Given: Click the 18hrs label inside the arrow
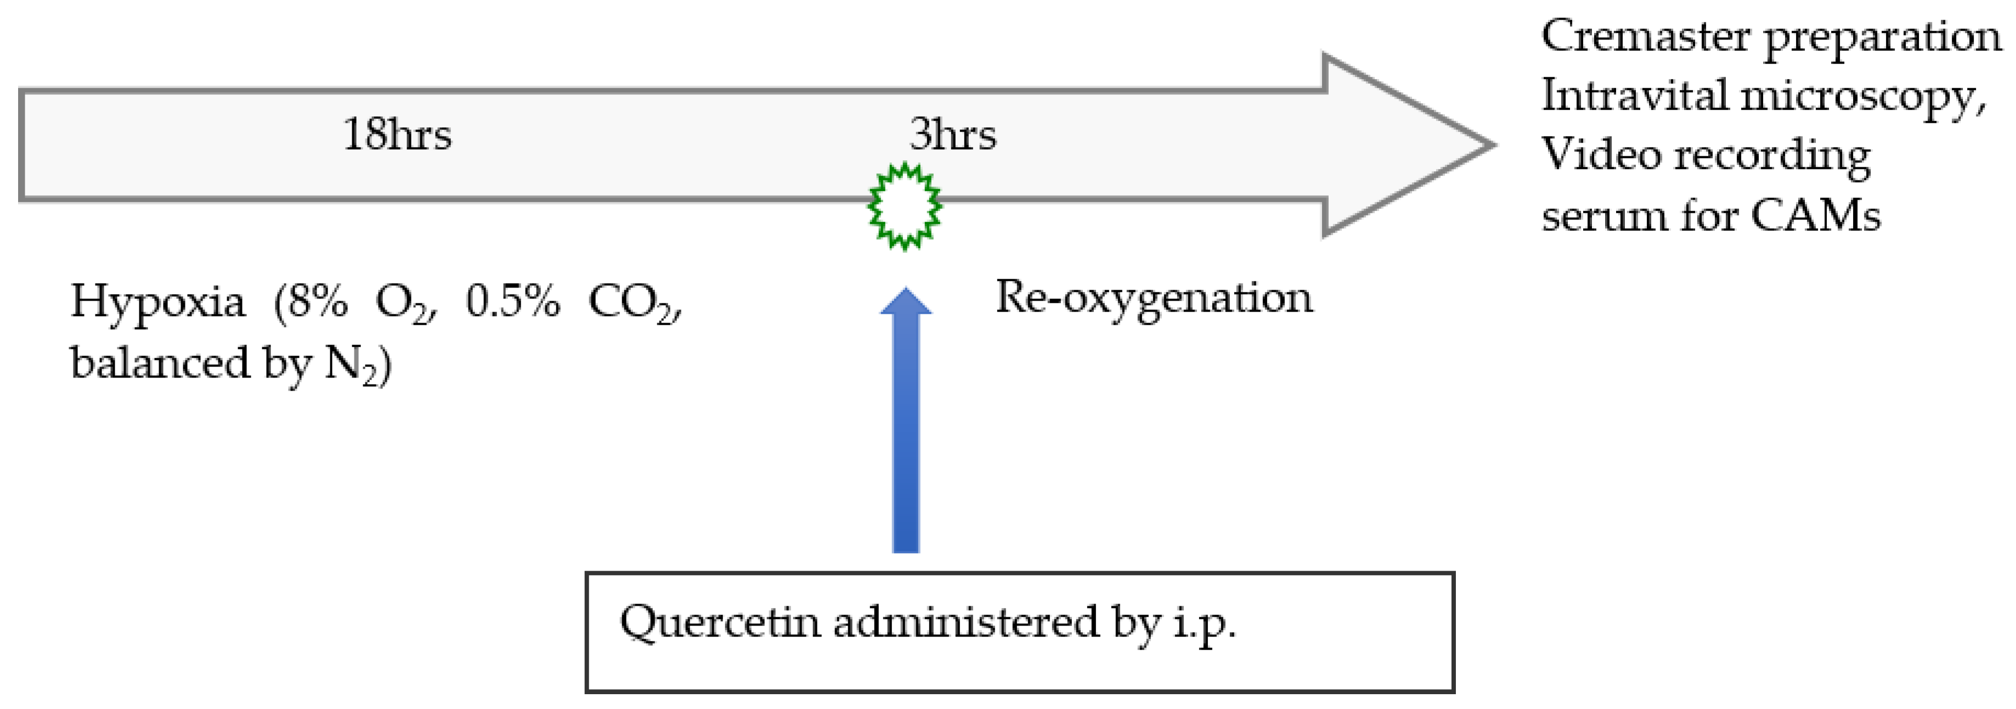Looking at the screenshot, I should [x=397, y=134].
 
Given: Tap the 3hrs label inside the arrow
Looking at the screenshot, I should [x=952, y=134].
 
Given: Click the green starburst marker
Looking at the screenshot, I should [x=905, y=206].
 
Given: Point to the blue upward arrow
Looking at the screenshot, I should [x=906, y=423].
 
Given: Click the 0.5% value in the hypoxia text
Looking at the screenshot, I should [x=512, y=301].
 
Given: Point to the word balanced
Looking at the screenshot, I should [x=160, y=362].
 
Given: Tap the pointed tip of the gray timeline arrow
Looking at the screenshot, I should [x=1491, y=145].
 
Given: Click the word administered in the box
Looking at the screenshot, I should [x=967, y=622].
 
